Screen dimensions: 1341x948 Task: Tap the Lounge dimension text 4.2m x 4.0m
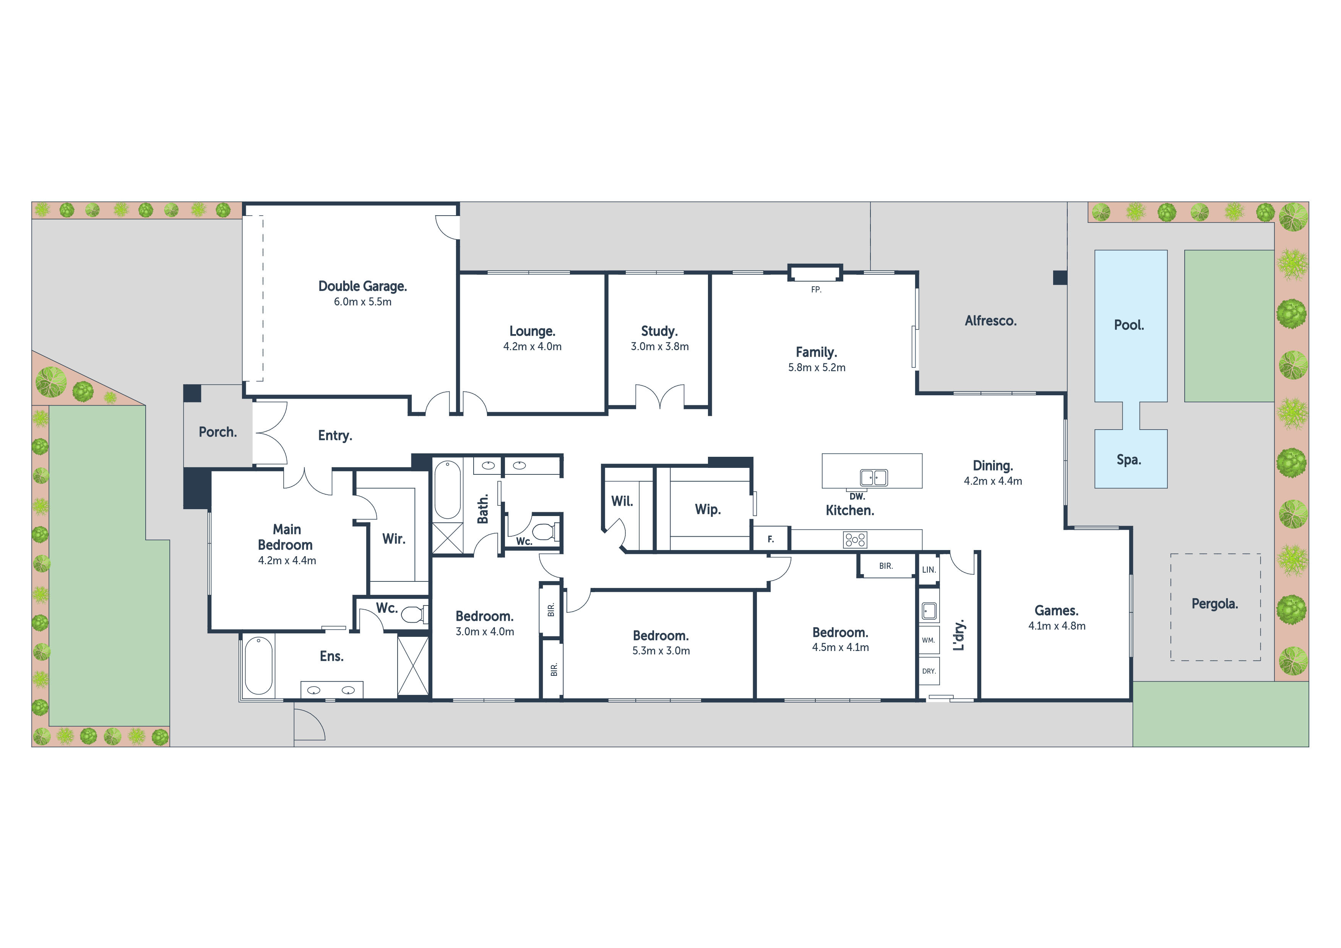pyautogui.click(x=532, y=346)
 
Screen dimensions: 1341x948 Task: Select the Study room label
pyautogui.click(x=659, y=331)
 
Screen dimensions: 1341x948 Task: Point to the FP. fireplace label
pyautogui.click(x=816, y=290)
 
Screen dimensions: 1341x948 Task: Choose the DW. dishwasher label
pyautogui.click(x=857, y=497)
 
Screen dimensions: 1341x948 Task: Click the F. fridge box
pyautogui.click(x=770, y=539)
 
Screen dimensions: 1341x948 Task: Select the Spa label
pyautogui.click(x=1128, y=460)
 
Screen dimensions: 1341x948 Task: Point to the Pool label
pyautogui.click(x=1128, y=325)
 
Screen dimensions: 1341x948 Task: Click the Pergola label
pyautogui.click(x=1215, y=604)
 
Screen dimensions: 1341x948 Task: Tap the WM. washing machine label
pyautogui.click(x=929, y=640)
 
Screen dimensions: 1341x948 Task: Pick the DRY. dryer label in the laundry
pyautogui.click(x=929, y=671)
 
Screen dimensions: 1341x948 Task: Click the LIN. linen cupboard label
pyautogui.click(x=929, y=570)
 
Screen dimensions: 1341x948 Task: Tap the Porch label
pyautogui.click(x=218, y=432)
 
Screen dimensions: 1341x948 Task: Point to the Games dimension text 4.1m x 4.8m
pyautogui.click(x=1057, y=626)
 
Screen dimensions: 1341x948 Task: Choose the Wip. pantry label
pyautogui.click(x=708, y=509)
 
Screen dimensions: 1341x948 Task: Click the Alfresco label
pyautogui.click(x=990, y=321)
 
